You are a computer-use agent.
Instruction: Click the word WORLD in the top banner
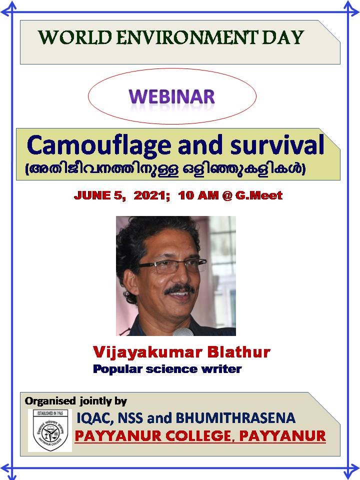click(x=75, y=37)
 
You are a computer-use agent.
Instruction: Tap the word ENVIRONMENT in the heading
click(x=187, y=37)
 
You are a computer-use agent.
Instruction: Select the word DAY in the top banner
click(x=283, y=37)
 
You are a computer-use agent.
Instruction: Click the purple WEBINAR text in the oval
click(x=171, y=96)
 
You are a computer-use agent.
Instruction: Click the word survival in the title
click(x=277, y=145)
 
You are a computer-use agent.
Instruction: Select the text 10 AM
click(x=198, y=195)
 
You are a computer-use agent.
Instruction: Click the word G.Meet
click(x=259, y=195)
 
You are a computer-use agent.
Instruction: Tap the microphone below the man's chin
click(x=183, y=332)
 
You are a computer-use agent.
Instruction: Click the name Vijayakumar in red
click(x=147, y=352)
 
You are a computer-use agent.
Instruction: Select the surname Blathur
click(x=239, y=352)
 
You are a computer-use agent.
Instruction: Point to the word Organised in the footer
click(x=50, y=400)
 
